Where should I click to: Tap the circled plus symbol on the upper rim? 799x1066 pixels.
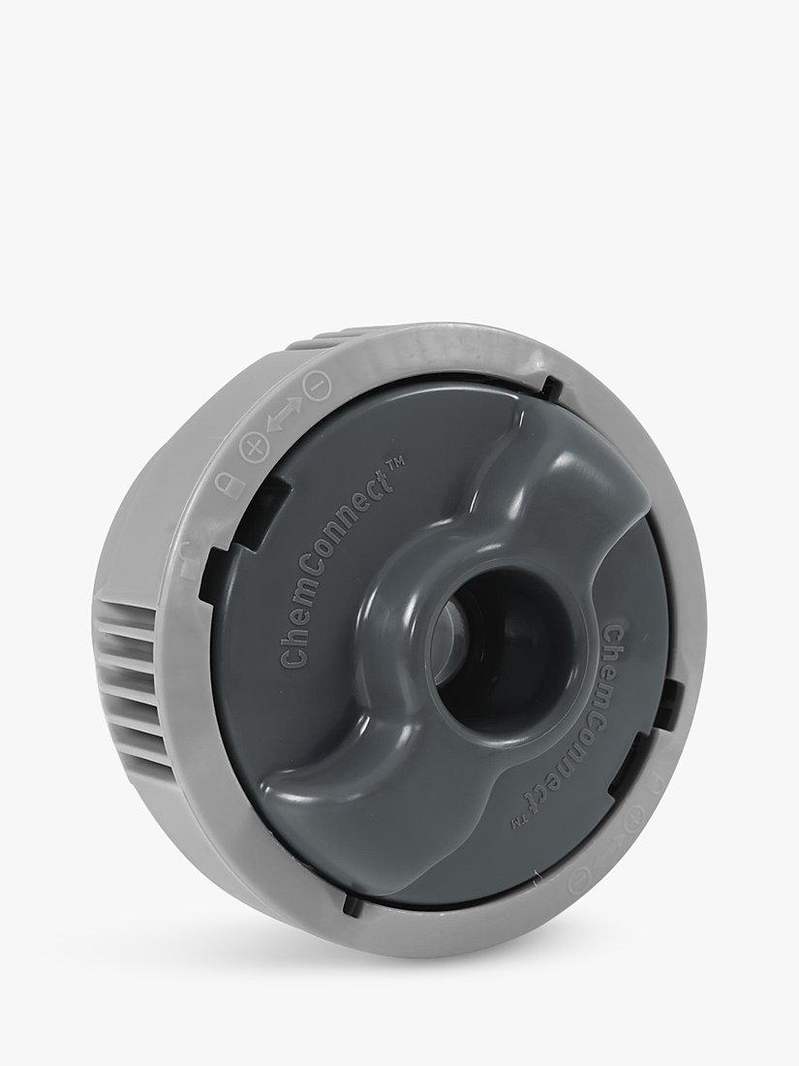[x=254, y=449]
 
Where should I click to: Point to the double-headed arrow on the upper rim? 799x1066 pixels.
[x=286, y=416]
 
